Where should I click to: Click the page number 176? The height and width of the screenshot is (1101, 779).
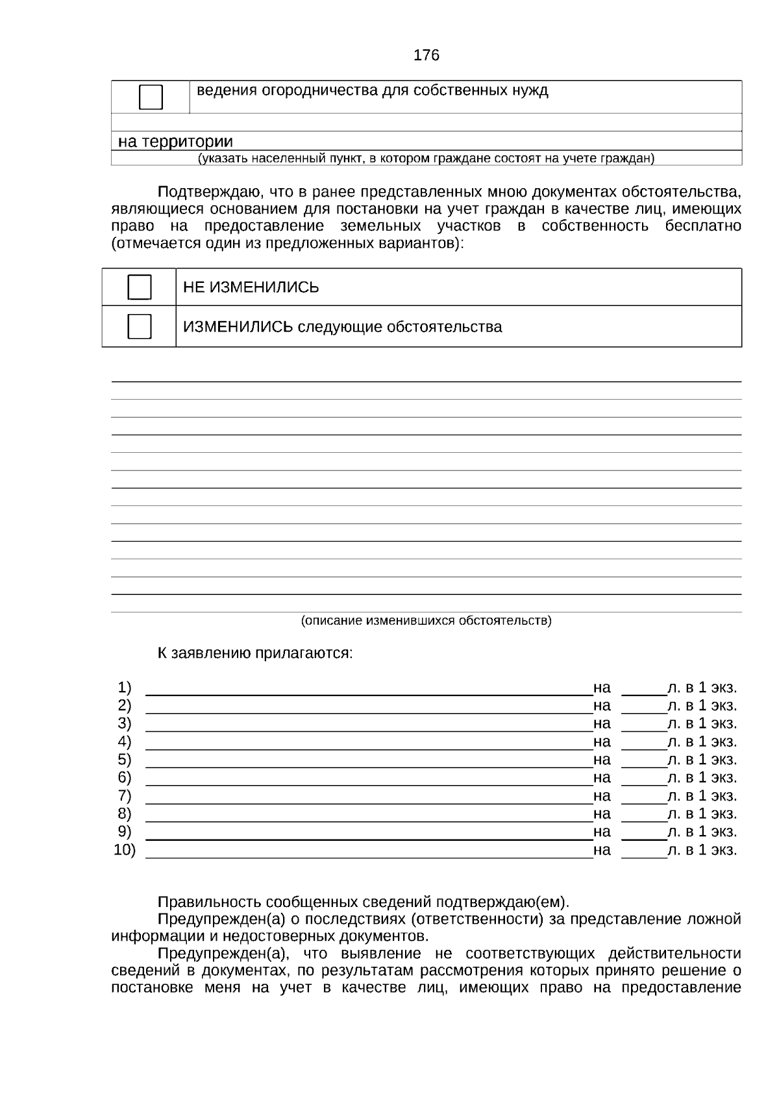pyautogui.click(x=426, y=55)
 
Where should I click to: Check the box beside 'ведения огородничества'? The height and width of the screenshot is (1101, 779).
pyautogui.click(x=151, y=97)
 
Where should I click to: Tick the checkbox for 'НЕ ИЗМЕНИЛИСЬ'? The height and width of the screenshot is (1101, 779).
pyautogui.click(x=140, y=287)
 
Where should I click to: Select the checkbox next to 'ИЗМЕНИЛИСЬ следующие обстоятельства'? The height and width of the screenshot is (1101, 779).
pyautogui.click(x=140, y=326)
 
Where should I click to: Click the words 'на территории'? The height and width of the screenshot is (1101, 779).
pyautogui.click(x=175, y=141)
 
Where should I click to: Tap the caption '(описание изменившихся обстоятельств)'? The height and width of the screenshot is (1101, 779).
pyautogui.click(x=426, y=621)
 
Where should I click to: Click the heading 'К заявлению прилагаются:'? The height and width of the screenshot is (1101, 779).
pyautogui.click(x=255, y=653)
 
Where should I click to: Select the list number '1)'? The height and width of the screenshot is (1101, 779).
pyautogui.click(x=124, y=688)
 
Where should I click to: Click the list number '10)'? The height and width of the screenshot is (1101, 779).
pyautogui.click(x=124, y=850)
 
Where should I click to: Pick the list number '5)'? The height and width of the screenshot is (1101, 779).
pyautogui.click(x=124, y=760)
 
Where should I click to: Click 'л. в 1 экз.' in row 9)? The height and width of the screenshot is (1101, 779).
pyautogui.click(x=702, y=832)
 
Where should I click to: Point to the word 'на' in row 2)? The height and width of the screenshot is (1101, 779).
pyautogui.click(x=602, y=706)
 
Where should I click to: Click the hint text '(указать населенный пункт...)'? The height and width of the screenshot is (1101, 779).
pyautogui.click(x=426, y=158)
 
